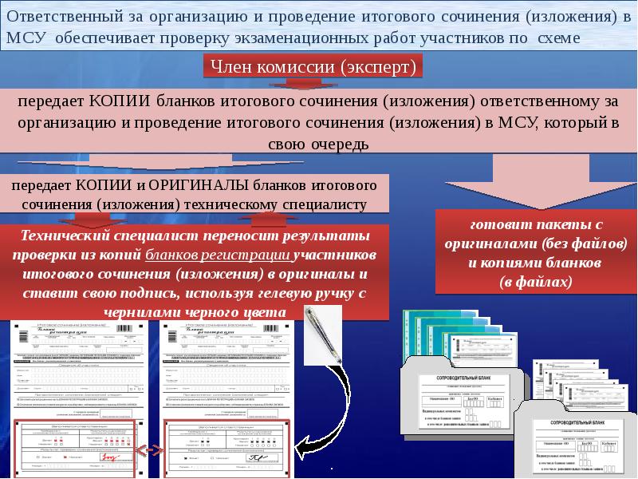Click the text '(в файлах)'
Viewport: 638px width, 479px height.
click(535, 281)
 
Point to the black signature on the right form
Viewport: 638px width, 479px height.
click(258, 457)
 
